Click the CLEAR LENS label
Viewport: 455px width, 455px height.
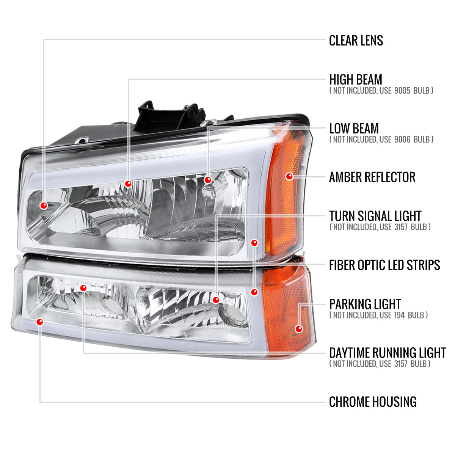356,41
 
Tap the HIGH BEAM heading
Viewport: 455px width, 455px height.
355,80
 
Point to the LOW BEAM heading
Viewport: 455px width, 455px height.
353,129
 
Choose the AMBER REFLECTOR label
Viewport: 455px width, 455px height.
372,177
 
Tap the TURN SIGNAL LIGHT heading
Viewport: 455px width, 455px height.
375,216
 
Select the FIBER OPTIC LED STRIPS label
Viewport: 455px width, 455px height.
384,265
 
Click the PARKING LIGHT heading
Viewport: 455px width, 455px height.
365,304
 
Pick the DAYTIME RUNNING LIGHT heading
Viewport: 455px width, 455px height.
387,353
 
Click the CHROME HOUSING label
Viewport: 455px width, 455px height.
372,402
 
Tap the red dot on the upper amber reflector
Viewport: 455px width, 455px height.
289,176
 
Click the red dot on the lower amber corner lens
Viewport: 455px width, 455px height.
299,329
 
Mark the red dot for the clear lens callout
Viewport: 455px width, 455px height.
44,206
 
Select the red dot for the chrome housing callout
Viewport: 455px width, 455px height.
40,322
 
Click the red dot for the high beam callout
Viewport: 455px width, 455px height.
128,184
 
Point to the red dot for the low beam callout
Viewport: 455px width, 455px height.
207,180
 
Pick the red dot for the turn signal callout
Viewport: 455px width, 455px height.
216,300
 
